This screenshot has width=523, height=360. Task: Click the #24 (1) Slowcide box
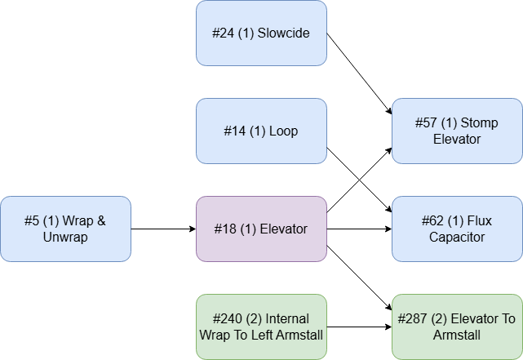[261, 33]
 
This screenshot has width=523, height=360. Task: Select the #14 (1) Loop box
[261, 131]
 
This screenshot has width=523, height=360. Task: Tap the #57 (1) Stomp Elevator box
[457, 131]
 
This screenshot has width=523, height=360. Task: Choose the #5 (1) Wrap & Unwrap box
[65, 229]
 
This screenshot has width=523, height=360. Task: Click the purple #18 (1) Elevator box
[261, 229]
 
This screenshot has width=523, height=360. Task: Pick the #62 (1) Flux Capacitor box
[457, 229]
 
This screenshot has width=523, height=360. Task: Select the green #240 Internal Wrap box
[261, 327]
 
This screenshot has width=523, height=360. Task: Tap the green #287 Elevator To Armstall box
[457, 327]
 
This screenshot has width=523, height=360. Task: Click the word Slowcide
[285, 33]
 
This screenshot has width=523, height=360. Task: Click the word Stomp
[480, 123]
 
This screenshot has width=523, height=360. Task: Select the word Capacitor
[457, 238]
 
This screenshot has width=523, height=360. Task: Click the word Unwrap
[65, 238]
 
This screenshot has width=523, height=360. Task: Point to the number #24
[224, 33]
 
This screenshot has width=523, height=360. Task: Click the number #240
[230, 319]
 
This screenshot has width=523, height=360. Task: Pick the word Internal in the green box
[286, 319]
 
